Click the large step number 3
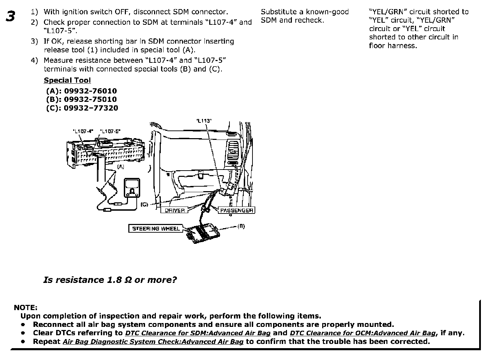pos(11,16)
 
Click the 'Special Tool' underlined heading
pos(67,80)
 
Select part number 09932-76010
pos(90,91)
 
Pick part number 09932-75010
pos(90,99)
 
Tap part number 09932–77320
pos(91,108)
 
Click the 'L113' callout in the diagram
pos(204,121)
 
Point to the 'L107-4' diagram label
pos(83,132)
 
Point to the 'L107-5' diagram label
pos(110,132)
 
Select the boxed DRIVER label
pos(175,210)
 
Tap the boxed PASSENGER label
pos(236,210)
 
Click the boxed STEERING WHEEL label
pos(156,229)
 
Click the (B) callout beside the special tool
pos(241,226)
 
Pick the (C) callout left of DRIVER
pos(144,205)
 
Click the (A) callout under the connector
pos(121,167)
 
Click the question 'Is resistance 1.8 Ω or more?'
pos(110,280)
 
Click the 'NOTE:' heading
pos(25,307)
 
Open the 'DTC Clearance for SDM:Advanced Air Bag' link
pos(198,333)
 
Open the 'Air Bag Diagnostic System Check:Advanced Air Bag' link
pos(153,342)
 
